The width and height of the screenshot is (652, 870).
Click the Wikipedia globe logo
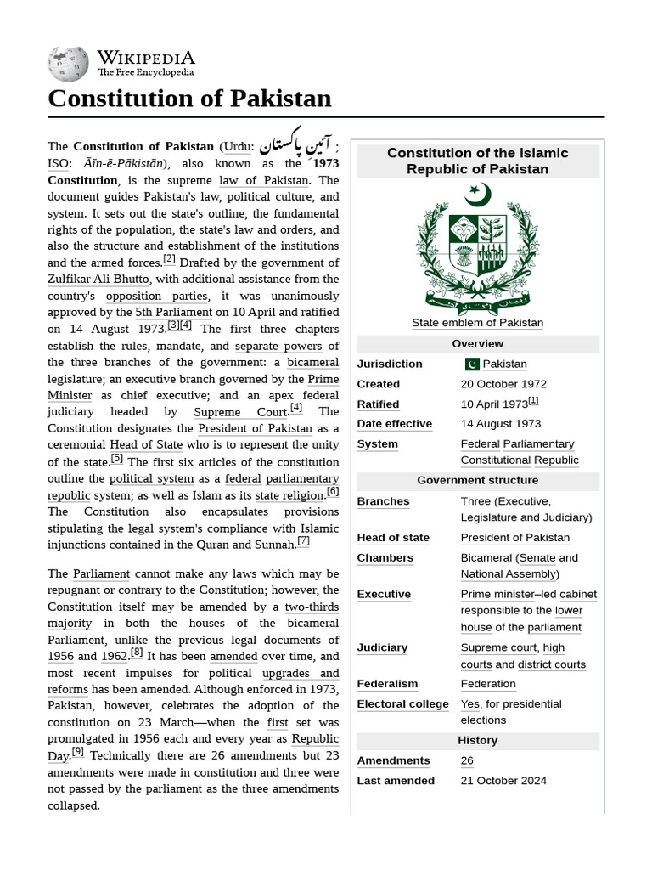(69, 64)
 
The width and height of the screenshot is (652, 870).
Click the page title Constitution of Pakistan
(189, 99)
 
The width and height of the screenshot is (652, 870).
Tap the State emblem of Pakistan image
(477, 248)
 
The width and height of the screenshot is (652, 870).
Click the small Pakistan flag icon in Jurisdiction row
(471, 364)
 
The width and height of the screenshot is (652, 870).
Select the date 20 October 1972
(503, 384)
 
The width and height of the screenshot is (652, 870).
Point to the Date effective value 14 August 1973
(500, 423)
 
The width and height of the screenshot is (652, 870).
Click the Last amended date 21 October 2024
(503, 780)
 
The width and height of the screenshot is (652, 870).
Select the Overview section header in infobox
(477, 343)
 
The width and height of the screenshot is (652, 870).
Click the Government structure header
(477, 480)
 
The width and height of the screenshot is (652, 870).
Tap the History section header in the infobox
(477, 740)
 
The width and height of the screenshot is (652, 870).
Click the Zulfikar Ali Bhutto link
(98, 279)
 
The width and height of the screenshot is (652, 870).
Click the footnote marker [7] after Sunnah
(303, 541)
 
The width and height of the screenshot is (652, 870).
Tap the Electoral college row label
(402, 703)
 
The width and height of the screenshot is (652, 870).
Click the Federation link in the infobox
(487, 683)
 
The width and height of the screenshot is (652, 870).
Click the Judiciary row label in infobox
(382, 647)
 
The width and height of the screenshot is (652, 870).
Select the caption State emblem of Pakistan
(477, 323)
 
